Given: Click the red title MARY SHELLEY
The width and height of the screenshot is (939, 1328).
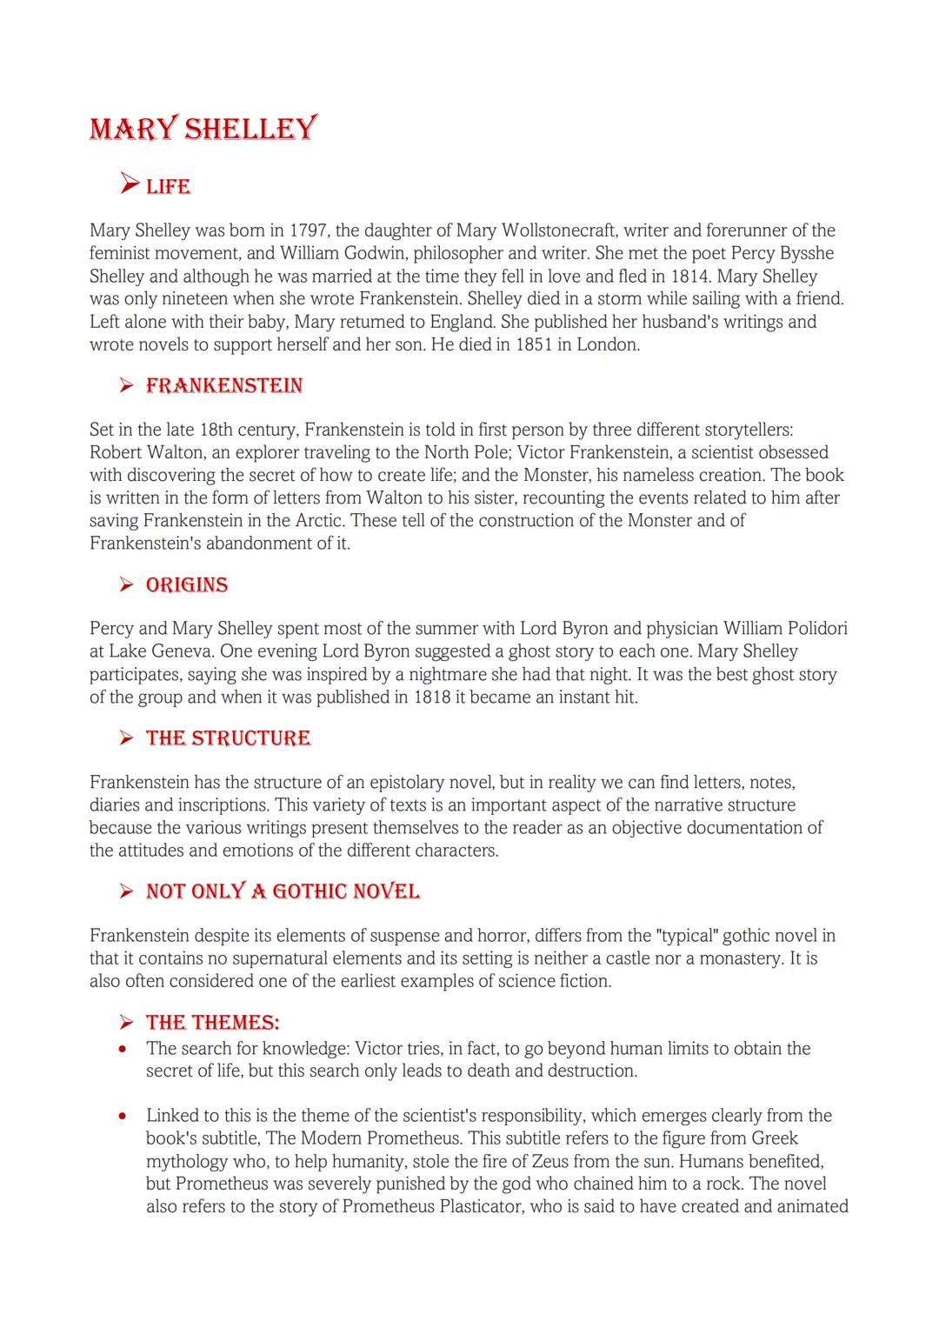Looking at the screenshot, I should click(x=203, y=129).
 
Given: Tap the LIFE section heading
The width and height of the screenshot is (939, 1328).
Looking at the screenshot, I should click(x=168, y=186).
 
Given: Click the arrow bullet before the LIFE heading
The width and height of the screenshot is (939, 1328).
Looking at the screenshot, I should click(x=129, y=184).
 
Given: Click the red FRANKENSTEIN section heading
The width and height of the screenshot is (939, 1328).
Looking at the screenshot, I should click(x=223, y=385).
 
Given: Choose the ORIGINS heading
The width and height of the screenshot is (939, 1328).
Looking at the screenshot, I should click(x=187, y=584).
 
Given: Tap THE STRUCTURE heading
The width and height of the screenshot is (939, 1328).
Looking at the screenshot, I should click(x=228, y=737).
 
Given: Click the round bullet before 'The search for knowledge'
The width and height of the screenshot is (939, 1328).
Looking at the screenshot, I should click(x=124, y=1049).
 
